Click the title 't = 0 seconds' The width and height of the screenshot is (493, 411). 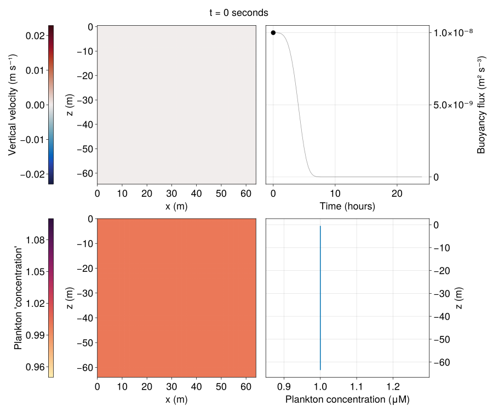point(238,12)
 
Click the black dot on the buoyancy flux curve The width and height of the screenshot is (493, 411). point(273,33)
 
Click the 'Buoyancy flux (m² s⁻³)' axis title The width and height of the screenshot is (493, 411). point(481,105)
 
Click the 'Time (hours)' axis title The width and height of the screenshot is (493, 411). point(347,207)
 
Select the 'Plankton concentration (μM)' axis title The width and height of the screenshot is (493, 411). point(347,399)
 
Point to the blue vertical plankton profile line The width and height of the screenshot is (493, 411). point(320,296)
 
